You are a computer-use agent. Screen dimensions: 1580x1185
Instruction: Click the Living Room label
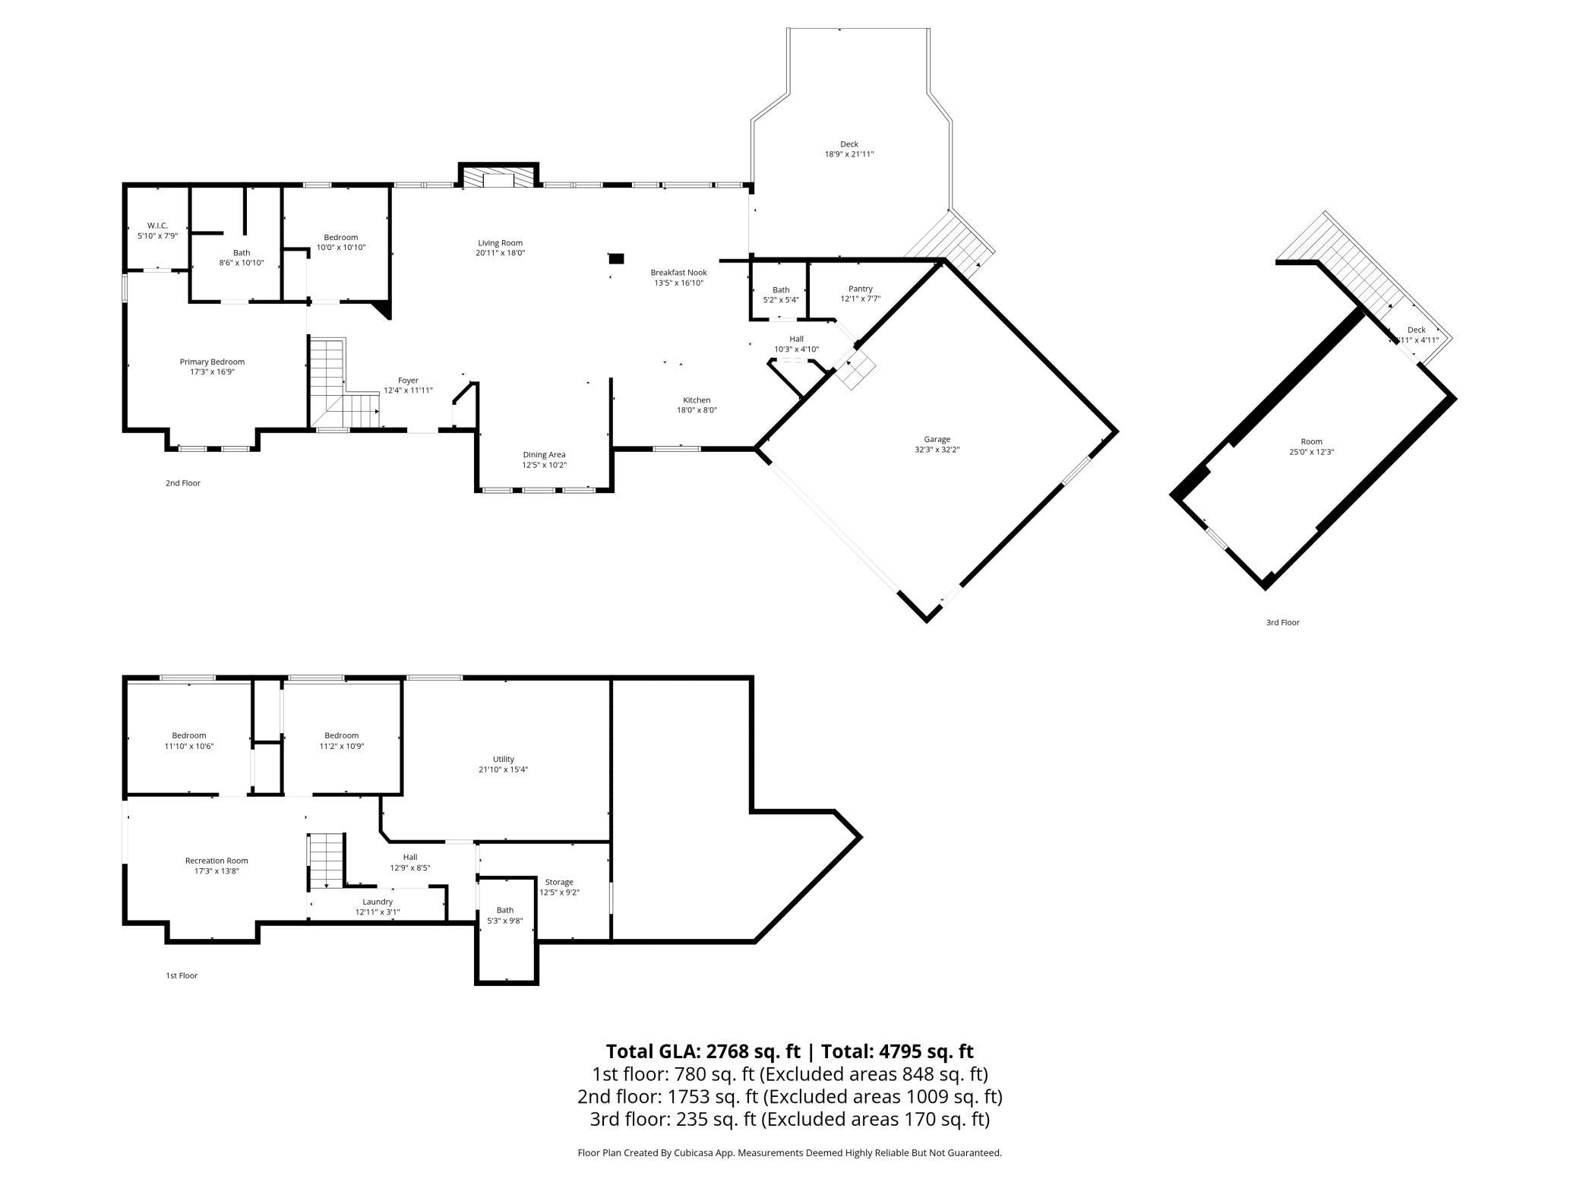tap(501, 243)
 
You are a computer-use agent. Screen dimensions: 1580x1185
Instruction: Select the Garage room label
tap(937, 439)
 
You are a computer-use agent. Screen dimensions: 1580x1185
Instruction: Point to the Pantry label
tap(861, 289)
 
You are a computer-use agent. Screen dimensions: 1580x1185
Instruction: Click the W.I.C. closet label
tap(157, 226)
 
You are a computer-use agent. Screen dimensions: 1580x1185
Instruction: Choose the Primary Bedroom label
tap(212, 362)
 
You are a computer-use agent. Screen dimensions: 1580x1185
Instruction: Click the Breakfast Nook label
tap(678, 273)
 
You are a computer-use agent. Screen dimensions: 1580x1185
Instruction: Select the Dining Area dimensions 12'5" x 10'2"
tap(544, 465)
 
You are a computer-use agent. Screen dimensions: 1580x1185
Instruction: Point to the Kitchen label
tap(697, 400)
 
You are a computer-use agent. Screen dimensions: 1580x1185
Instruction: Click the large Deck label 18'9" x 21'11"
tap(849, 149)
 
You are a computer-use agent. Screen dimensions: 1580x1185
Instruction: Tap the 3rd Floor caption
tap(1282, 622)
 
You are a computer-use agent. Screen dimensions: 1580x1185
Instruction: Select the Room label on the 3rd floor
tap(1311, 441)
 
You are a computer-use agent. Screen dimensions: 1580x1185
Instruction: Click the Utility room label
tap(503, 759)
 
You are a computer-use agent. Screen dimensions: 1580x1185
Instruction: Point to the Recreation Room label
tap(216, 861)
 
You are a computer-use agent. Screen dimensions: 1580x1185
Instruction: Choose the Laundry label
tap(378, 902)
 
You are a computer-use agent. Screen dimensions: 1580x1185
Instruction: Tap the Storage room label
tap(559, 882)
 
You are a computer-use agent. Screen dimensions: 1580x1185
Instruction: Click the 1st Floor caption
tap(182, 975)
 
